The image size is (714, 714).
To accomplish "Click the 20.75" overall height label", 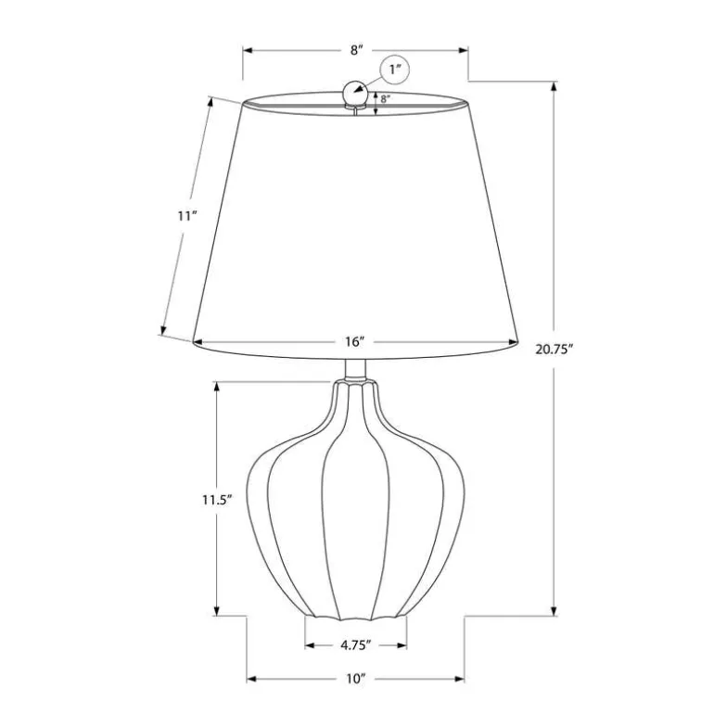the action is tap(554, 350).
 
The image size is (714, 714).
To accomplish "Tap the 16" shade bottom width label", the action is tap(355, 341).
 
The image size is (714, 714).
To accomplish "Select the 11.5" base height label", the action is tap(218, 500).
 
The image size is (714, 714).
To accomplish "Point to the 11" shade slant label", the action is tap(186, 216).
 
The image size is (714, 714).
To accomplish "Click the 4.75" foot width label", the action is tap(356, 645).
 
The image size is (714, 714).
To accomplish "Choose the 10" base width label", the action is tap(356, 679).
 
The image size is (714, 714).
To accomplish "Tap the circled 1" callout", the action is tap(395, 70).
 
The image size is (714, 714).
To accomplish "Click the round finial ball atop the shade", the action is tap(356, 93).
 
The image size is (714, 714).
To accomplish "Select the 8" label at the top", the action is tap(357, 50).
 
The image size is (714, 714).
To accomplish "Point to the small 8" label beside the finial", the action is tap(385, 99).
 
